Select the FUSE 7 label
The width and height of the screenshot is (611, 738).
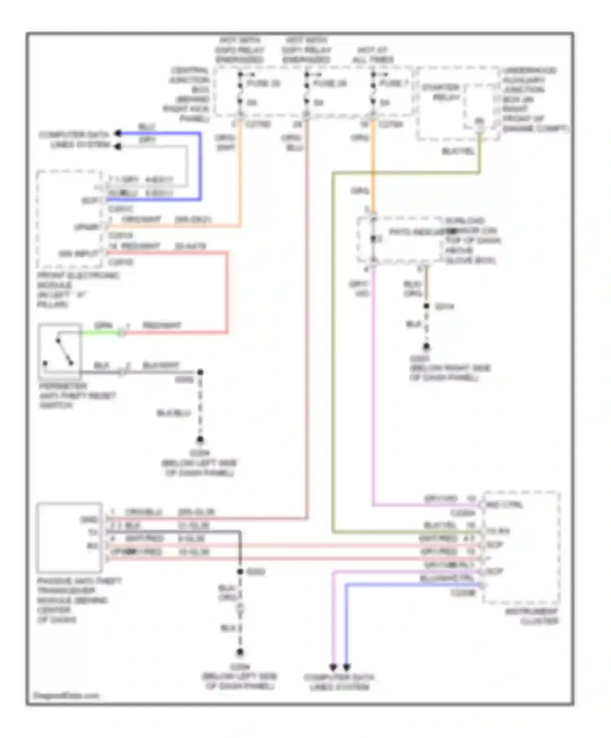click(x=393, y=83)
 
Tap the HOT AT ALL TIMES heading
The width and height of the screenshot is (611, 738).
click(x=373, y=55)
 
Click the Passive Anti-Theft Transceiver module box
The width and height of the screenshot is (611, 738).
click(x=69, y=537)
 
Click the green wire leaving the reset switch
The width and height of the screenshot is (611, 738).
click(x=100, y=332)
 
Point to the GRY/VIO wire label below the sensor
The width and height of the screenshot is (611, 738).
click(x=359, y=288)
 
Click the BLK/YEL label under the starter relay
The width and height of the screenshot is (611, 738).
click(x=458, y=151)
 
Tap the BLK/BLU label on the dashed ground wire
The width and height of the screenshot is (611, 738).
click(x=174, y=413)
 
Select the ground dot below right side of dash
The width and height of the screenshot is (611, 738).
click(x=426, y=347)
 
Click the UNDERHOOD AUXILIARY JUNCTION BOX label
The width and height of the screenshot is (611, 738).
click(x=530, y=99)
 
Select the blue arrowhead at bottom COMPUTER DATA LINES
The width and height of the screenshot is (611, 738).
click(x=347, y=667)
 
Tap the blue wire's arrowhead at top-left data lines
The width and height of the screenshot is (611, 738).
click(x=118, y=133)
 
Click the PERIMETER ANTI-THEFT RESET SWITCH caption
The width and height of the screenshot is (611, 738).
click(x=77, y=395)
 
